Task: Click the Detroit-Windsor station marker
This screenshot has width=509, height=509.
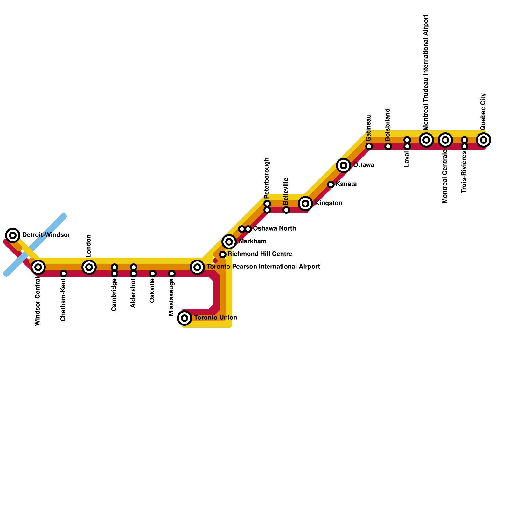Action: point(13,235)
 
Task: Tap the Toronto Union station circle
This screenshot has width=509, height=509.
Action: point(185,318)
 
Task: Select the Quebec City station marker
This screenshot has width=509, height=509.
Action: point(484,140)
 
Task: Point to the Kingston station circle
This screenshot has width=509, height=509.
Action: point(305,203)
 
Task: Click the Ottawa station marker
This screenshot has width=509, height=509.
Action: point(344,165)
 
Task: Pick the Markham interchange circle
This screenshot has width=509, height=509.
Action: point(229,242)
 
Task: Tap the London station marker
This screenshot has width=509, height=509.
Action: point(89,267)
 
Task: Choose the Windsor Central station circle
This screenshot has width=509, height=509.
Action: point(38,267)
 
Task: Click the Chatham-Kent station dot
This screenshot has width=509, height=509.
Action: point(64,274)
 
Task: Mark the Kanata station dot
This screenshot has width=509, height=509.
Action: point(331,185)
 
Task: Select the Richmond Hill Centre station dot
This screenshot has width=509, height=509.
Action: point(223,254)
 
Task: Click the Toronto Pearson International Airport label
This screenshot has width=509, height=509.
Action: point(263,267)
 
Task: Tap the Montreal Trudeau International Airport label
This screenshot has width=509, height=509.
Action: point(426,72)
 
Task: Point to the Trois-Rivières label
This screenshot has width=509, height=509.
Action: point(464,172)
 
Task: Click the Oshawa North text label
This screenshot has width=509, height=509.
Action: point(274,229)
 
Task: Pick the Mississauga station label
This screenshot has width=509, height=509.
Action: point(171,297)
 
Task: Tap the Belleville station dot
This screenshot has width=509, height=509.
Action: point(286,210)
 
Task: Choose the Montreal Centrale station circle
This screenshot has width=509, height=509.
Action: point(445,140)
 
